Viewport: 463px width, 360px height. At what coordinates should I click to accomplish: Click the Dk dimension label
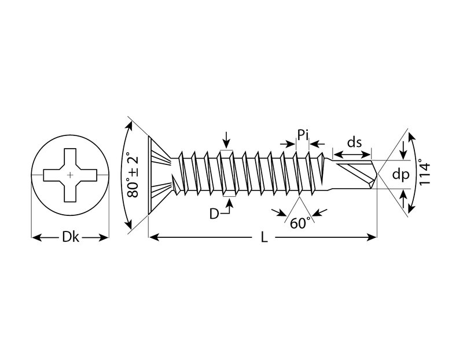(x=70, y=237)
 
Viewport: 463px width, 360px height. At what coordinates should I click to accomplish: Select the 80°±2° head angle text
(x=134, y=175)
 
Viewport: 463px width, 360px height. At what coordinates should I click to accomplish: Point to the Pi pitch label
(x=303, y=137)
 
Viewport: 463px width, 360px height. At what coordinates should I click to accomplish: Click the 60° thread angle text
(x=300, y=223)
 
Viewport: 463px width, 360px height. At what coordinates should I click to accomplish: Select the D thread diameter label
(x=214, y=214)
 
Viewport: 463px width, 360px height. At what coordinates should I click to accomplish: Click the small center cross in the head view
(x=70, y=174)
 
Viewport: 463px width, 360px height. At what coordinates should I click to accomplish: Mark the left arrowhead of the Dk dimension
(x=34, y=237)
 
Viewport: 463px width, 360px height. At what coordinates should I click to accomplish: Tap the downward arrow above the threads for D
(x=226, y=144)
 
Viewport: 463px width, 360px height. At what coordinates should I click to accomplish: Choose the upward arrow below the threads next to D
(x=231, y=203)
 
